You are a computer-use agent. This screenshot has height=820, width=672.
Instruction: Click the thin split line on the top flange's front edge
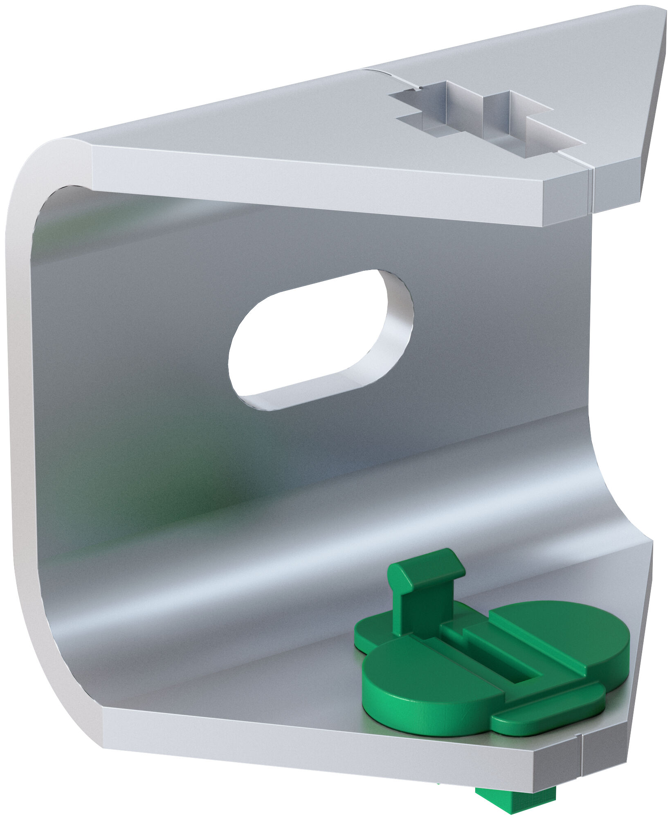589,192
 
